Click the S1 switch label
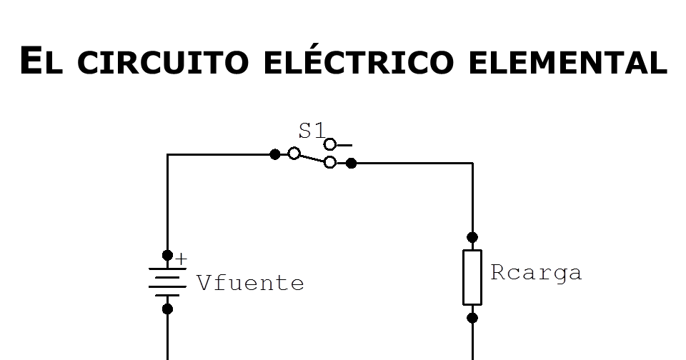pyautogui.click(x=311, y=131)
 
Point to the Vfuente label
pyautogui.click(x=250, y=284)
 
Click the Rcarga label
pyautogui.click(x=536, y=273)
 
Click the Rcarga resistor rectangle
pyautogui.click(x=472, y=277)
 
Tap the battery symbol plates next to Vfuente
pyautogui.click(x=167, y=281)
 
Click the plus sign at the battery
pyautogui.click(x=181, y=259)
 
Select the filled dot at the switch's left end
pyautogui.click(x=275, y=154)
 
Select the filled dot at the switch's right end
pyautogui.click(x=351, y=163)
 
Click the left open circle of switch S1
pyautogui.click(x=294, y=154)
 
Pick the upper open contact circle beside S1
pyautogui.click(x=330, y=144)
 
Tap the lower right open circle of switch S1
pyautogui.click(x=330, y=163)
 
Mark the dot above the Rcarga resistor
pyautogui.click(x=472, y=237)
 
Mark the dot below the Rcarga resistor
pyautogui.click(x=472, y=318)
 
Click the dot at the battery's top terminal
pyautogui.click(x=167, y=255)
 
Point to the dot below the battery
pyautogui.click(x=167, y=309)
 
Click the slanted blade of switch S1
pyautogui.click(x=312, y=158)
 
